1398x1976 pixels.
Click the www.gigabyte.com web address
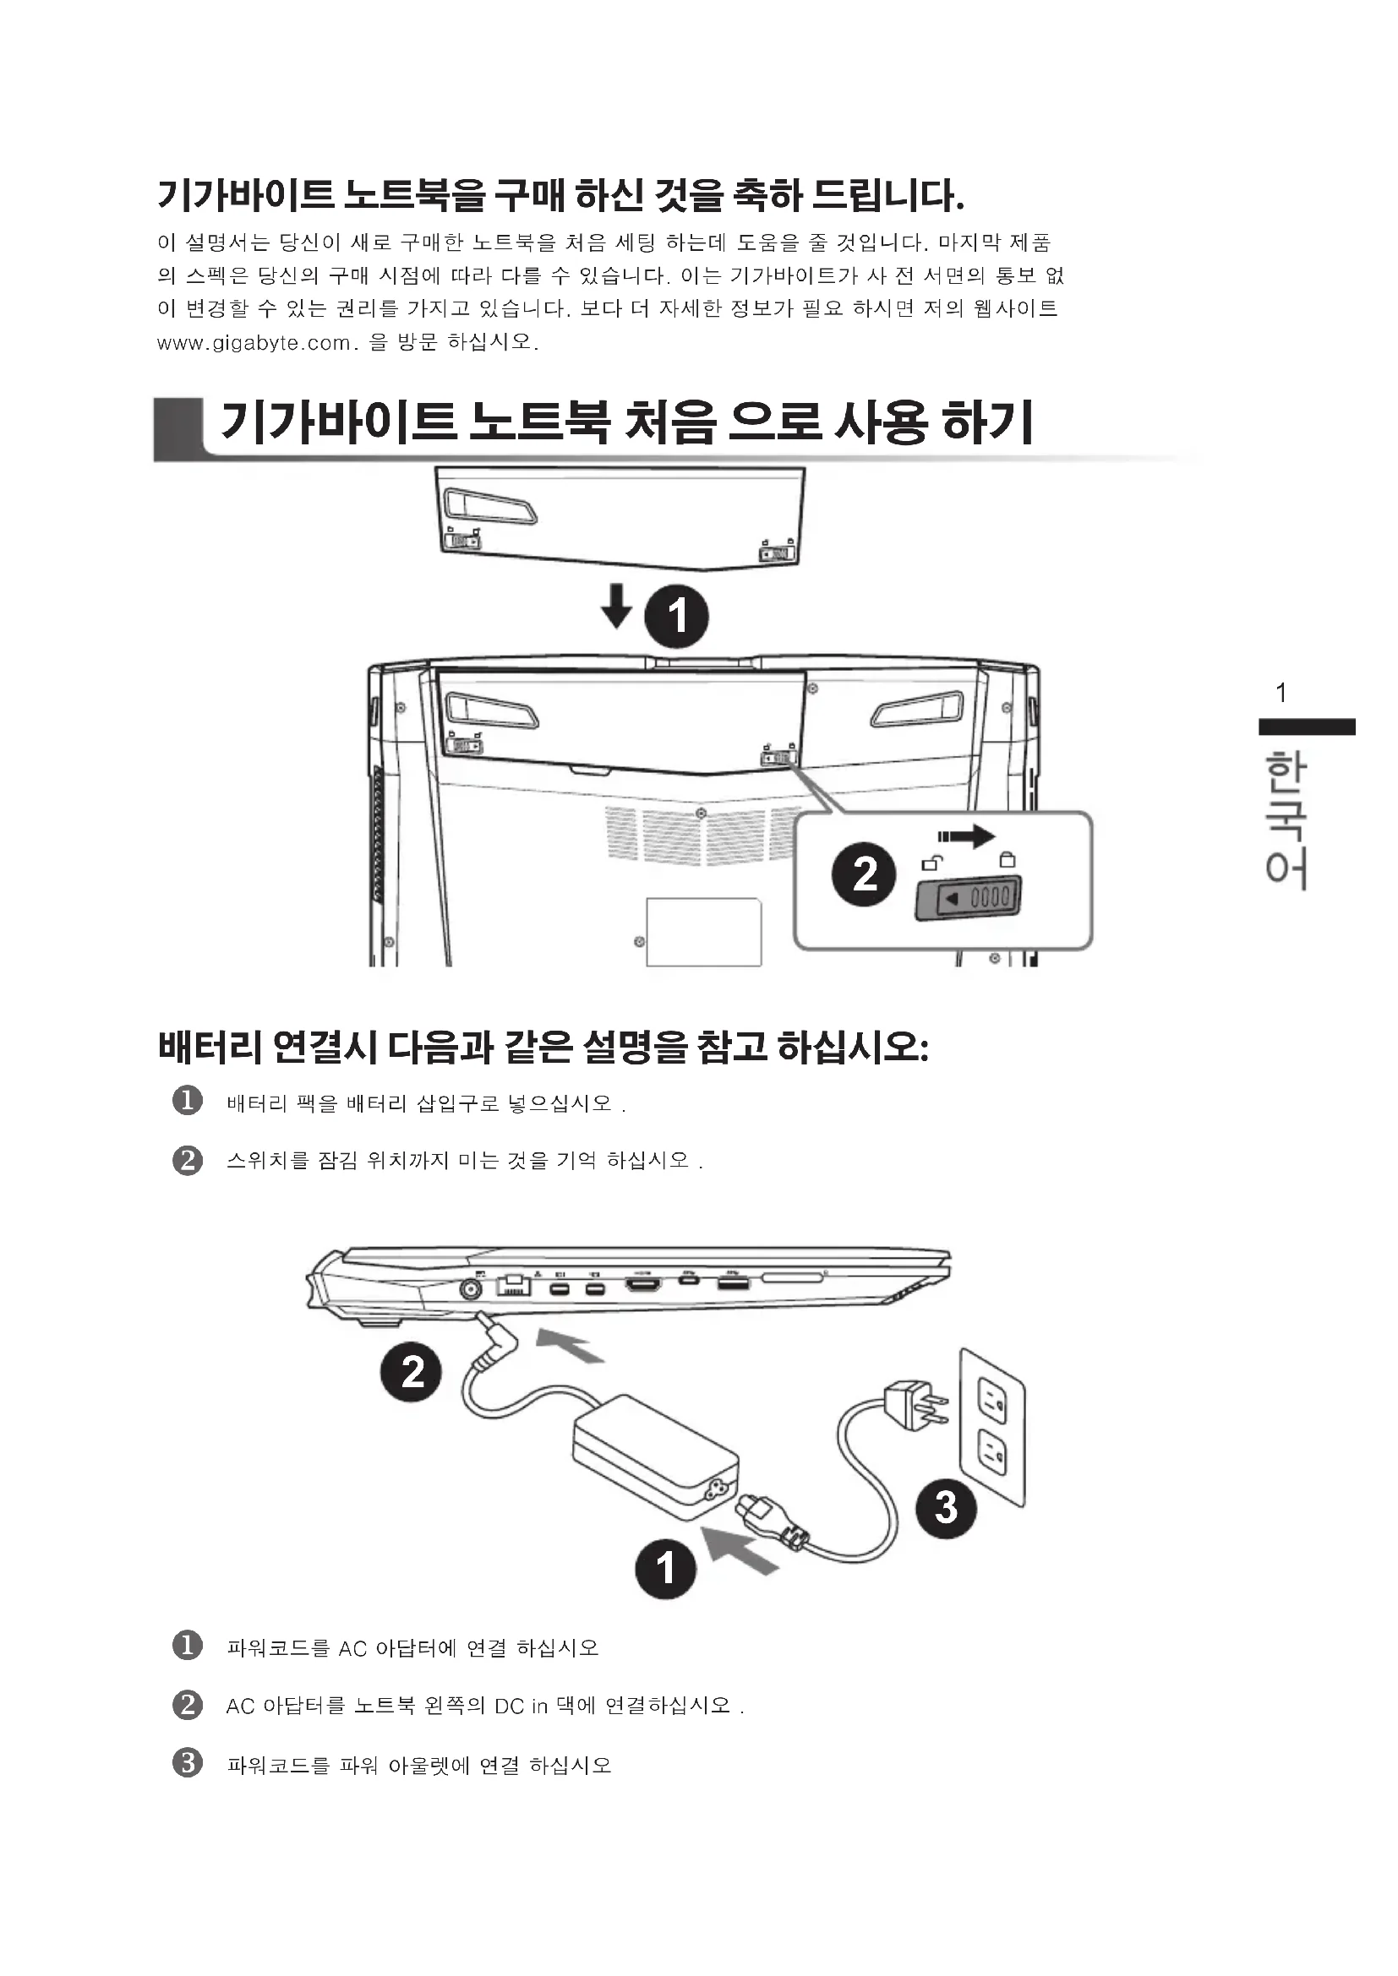(x=254, y=343)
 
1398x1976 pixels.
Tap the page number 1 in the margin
(x=1281, y=693)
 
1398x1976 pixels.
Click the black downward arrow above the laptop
(x=616, y=606)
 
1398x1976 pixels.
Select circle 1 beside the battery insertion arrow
(x=677, y=617)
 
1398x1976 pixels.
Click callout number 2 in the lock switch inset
(x=865, y=874)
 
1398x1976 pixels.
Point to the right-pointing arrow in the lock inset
(x=966, y=836)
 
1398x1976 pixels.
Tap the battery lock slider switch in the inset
(x=968, y=899)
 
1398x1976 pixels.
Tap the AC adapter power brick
(x=654, y=1455)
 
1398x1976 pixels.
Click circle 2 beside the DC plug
(x=412, y=1372)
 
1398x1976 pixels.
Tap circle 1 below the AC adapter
(x=665, y=1568)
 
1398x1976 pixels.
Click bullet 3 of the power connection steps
(x=188, y=1762)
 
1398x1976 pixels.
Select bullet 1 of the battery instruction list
(x=188, y=1101)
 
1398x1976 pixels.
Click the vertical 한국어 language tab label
(x=1286, y=819)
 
